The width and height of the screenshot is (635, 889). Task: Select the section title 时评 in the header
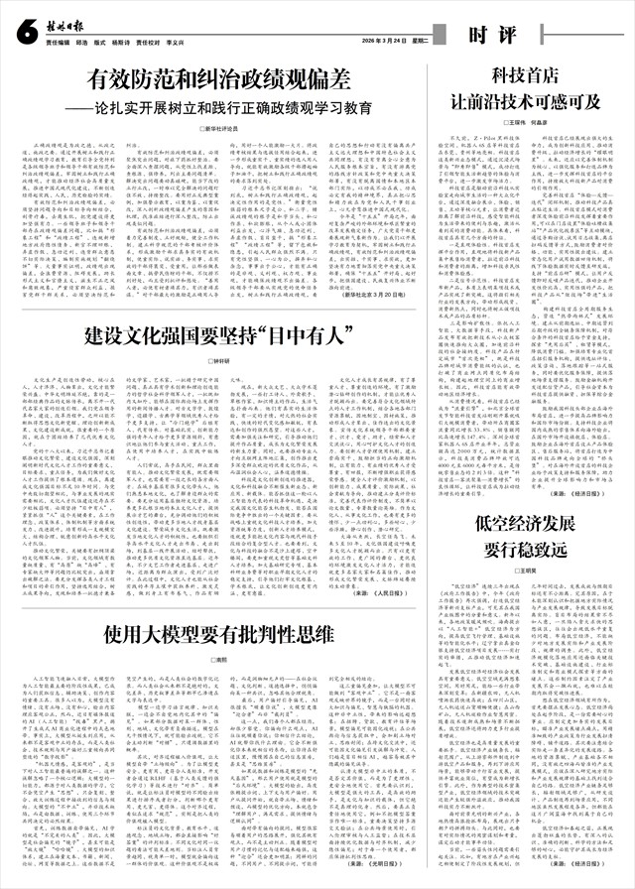[492, 36]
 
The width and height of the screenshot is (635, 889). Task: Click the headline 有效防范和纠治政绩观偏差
[217, 78]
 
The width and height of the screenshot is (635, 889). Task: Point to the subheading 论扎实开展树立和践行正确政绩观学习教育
[223, 105]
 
